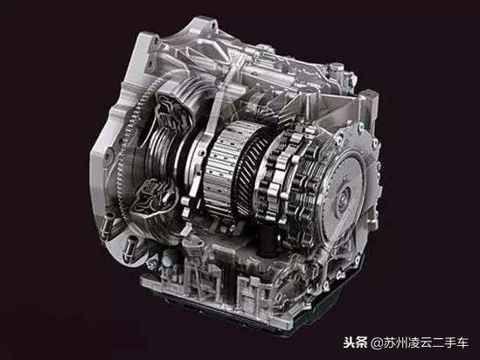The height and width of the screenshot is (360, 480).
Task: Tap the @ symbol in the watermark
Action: coord(377,343)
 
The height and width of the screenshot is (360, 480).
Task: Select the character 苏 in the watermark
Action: coord(389,343)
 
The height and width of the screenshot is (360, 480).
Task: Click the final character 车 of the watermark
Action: coord(463,343)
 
